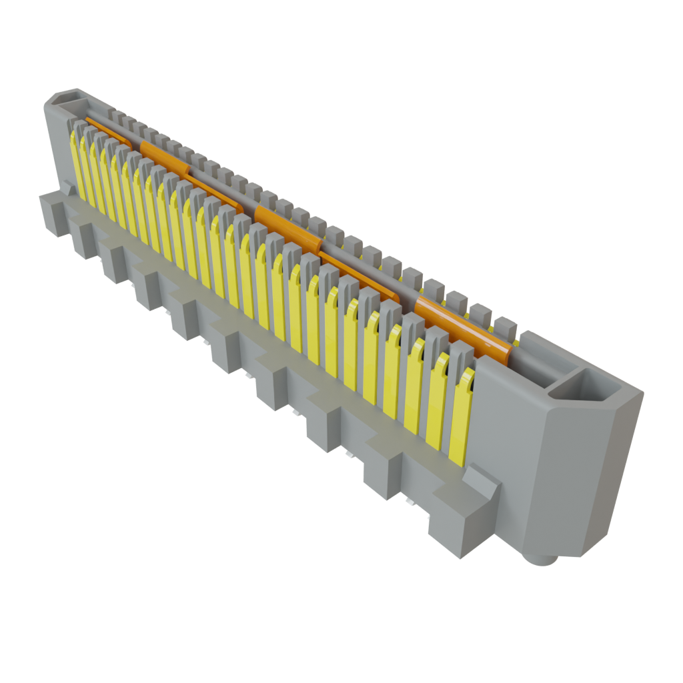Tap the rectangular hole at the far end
[67, 100]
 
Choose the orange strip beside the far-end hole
[107, 131]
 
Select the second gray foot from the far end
[84, 239]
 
